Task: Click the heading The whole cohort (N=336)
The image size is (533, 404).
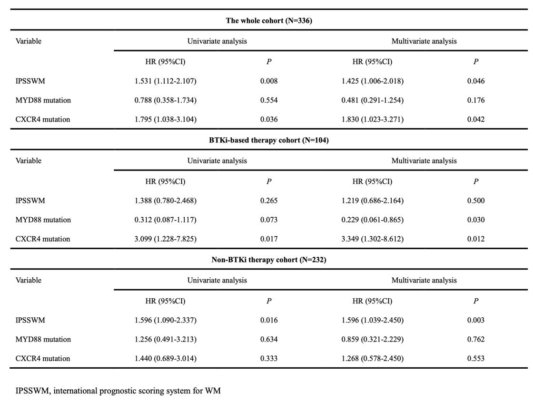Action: point(269,21)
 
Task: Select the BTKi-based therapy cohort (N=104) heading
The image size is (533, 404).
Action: point(269,140)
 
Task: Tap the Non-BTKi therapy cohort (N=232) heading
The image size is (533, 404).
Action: point(269,260)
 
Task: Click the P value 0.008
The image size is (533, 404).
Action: point(269,81)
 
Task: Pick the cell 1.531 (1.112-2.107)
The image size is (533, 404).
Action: point(166,81)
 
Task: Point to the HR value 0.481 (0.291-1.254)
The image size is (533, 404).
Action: point(373,100)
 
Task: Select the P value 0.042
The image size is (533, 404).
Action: point(476,120)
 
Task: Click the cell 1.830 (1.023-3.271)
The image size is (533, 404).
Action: point(373,120)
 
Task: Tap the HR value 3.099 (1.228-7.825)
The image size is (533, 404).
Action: point(166,239)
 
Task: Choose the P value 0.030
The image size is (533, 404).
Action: point(476,220)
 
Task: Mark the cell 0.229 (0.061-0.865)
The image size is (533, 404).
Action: point(373,220)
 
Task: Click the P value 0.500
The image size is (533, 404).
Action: point(476,201)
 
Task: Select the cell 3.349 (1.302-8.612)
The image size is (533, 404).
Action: point(373,239)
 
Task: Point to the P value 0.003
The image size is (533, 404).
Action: point(476,320)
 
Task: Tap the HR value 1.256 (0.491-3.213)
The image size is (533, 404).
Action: point(166,339)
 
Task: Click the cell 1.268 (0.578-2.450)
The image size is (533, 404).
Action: point(373,358)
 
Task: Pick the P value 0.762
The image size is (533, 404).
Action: point(476,339)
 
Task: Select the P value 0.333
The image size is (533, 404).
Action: point(269,358)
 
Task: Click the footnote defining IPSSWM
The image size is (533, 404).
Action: point(118,391)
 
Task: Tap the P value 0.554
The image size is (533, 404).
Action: point(269,100)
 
